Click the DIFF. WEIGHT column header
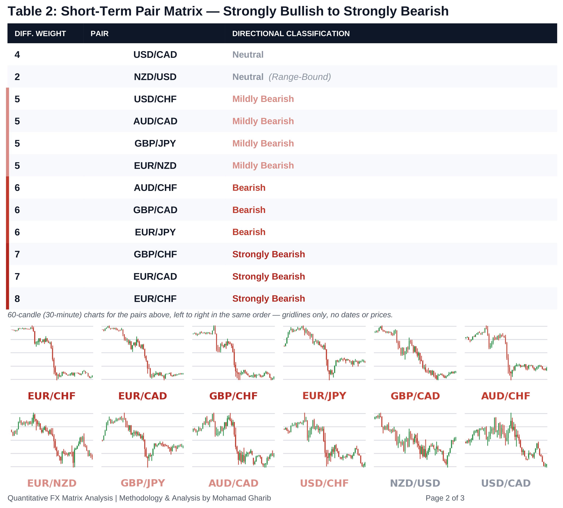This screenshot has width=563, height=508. point(40,34)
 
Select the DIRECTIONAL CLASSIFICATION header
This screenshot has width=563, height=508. point(291,34)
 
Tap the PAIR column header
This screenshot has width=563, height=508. point(99,34)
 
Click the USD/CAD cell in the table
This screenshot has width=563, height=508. point(155,54)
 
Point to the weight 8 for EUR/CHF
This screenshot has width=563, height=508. point(17,299)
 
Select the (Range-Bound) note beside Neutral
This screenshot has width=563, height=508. point(300,77)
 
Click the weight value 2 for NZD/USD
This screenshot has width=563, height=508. point(17,77)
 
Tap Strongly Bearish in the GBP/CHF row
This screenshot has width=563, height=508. point(268,254)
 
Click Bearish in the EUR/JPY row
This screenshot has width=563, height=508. point(249,232)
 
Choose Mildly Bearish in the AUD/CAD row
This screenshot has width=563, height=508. point(263,121)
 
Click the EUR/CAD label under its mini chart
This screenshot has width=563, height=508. point(143,396)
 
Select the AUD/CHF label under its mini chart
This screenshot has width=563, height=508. point(506,396)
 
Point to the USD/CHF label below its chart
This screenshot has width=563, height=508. point(324,483)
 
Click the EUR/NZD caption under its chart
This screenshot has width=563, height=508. point(52,483)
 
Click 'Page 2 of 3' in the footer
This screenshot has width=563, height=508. point(445,498)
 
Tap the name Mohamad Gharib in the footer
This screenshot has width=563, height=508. point(242,498)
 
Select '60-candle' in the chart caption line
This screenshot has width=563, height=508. point(25,315)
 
